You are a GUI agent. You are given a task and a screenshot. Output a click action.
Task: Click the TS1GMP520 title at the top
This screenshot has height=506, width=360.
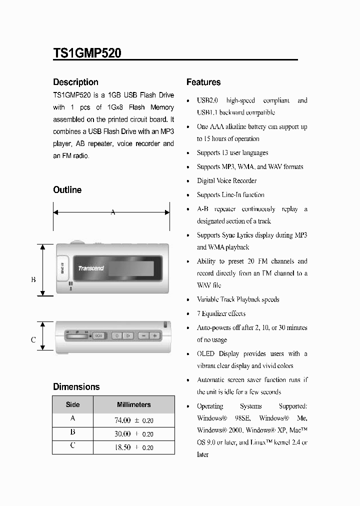[x=87, y=53]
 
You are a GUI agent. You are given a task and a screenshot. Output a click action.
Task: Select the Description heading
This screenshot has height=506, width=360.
[x=75, y=82]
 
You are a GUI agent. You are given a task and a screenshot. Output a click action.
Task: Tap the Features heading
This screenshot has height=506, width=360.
[x=203, y=82]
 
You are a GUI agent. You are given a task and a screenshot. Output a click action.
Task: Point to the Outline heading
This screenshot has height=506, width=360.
[x=67, y=190]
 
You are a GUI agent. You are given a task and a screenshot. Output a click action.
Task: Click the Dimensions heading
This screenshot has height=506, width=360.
[x=76, y=386]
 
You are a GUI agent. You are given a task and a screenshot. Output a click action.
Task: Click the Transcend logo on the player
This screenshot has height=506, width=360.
[x=91, y=268]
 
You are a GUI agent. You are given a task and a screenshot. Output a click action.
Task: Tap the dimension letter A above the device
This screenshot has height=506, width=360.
[x=113, y=212]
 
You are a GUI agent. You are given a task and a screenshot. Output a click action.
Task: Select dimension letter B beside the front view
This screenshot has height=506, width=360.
[x=33, y=279]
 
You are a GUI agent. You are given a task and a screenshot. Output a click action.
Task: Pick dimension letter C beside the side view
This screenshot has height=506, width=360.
[x=33, y=340]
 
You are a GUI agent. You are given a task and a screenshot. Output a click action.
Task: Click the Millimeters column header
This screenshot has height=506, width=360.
[x=133, y=404]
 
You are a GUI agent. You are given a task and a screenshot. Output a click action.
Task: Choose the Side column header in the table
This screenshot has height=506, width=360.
[x=72, y=404]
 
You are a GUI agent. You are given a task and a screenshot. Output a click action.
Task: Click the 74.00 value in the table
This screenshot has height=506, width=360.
[x=122, y=420]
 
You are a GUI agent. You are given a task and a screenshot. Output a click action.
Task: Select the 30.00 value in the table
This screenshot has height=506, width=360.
[x=122, y=434]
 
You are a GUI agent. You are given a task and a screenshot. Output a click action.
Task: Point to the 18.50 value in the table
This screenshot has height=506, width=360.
[x=122, y=447]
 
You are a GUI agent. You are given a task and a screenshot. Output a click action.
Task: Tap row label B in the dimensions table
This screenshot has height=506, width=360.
[x=72, y=432]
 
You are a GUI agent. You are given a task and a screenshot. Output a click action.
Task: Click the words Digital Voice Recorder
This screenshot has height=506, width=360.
[x=226, y=181]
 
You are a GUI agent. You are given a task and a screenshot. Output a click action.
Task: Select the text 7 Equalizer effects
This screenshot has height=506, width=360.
[x=221, y=313]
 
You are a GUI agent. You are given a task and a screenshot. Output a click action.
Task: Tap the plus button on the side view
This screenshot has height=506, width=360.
[x=155, y=335]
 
